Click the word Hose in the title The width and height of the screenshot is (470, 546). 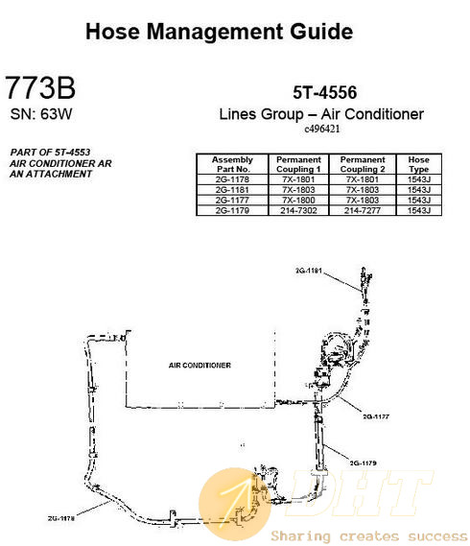[113, 32]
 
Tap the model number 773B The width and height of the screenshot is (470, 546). [40, 87]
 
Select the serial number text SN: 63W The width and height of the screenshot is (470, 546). [41, 114]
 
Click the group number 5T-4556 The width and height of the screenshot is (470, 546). [325, 93]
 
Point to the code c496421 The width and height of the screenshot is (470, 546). [322, 129]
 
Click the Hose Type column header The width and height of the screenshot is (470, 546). [419, 164]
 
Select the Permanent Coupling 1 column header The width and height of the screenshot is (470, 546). [298, 164]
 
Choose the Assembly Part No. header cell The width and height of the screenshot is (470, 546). [232, 164]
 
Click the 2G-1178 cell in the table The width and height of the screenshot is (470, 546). [232, 179]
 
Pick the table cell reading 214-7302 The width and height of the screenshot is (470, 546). [298, 210]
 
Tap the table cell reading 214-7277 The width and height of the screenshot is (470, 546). [363, 210]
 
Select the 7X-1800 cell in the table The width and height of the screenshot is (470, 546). [298, 201]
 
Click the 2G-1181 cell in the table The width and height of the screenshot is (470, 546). [232, 190]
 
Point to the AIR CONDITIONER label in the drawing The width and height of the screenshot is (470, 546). [200, 366]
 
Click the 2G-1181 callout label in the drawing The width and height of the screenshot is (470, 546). [309, 271]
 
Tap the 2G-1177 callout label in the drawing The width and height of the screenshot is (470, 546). [376, 416]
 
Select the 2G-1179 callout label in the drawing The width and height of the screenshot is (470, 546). [364, 463]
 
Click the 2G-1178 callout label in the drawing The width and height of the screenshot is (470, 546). [61, 518]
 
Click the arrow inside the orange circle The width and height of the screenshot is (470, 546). [235, 500]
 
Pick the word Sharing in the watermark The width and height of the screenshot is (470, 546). [300, 536]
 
